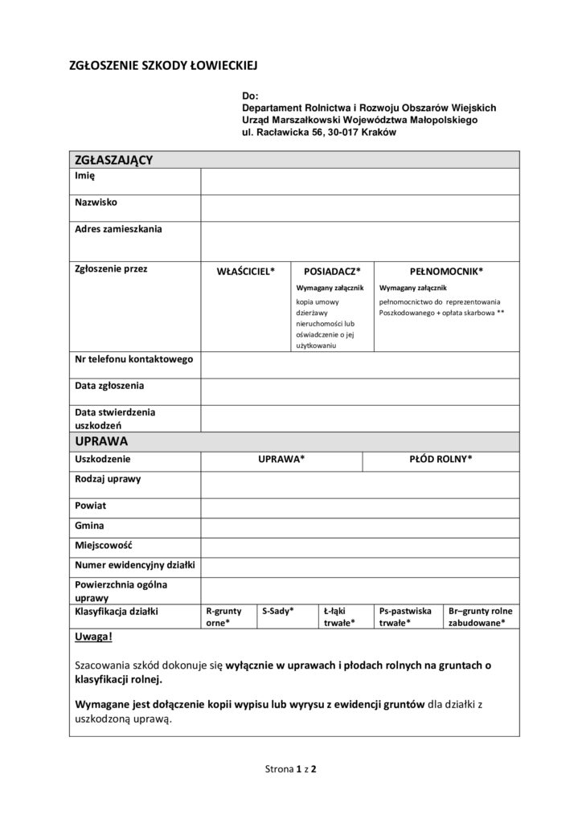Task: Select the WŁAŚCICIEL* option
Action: tap(246, 272)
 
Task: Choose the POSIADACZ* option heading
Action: tap(332, 272)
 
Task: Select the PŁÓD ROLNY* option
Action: tap(441, 459)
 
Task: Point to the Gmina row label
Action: tap(88, 525)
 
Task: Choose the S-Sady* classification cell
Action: tap(277, 612)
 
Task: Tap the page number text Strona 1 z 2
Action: tap(291, 769)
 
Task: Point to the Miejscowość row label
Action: tap(103, 545)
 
